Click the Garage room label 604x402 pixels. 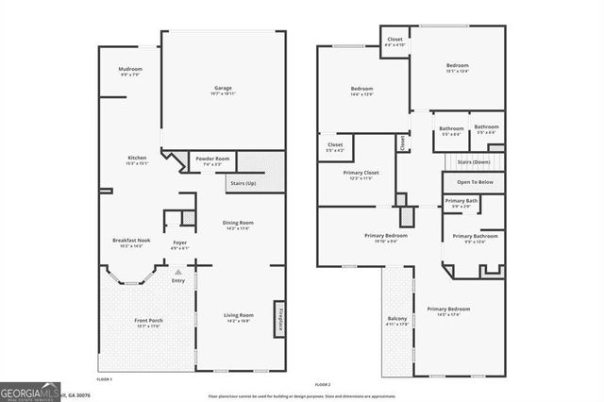point(223,91)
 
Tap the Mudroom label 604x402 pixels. point(130,72)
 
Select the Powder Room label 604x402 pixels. point(212,160)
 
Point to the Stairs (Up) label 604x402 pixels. point(242,182)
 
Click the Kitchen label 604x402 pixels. point(138,159)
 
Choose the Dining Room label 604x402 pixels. point(239,225)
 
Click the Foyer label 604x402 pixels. point(179,244)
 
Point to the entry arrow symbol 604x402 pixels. point(178,272)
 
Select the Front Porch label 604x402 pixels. point(148,323)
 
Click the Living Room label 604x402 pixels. point(239,317)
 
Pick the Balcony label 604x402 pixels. point(397,321)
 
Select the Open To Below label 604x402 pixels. point(475,182)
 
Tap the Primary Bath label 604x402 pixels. point(461,202)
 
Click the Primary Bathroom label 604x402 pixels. point(475,238)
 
